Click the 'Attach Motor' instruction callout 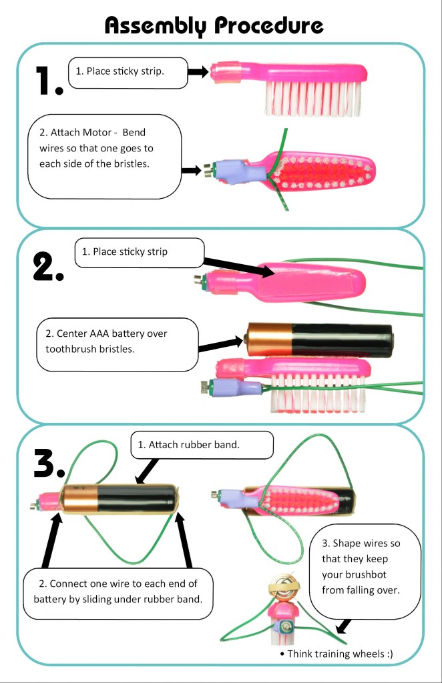[x=105, y=155]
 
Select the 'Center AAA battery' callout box [x=117, y=344]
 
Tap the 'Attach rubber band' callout [x=202, y=444]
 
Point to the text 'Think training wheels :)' [x=337, y=654]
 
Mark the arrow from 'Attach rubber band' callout [x=144, y=472]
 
